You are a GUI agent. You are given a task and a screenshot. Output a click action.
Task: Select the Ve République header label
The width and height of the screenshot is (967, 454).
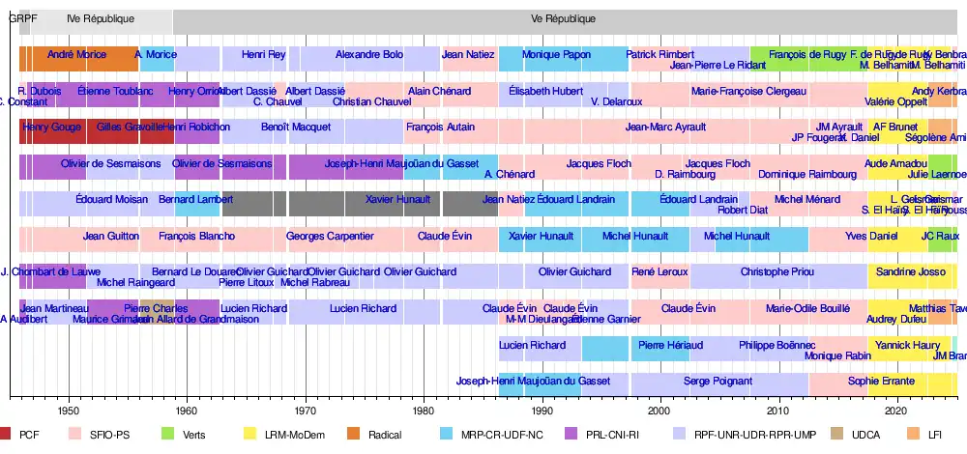tap(564, 19)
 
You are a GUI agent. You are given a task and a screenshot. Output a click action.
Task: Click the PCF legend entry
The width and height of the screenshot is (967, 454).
tap(29, 435)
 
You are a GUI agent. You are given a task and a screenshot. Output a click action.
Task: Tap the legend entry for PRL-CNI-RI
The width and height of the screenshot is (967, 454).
tap(613, 435)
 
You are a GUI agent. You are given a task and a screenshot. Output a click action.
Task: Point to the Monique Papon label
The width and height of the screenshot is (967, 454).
tap(556, 55)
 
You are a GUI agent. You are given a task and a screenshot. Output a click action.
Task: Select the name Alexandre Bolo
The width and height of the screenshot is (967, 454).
tap(369, 55)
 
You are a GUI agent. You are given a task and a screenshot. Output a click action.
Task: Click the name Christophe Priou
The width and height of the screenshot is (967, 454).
tap(777, 272)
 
